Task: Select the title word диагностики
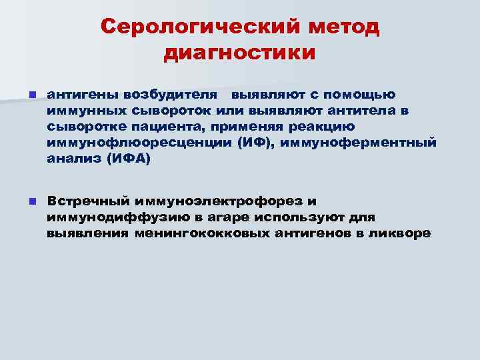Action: [x=240, y=53]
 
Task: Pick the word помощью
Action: [x=363, y=95]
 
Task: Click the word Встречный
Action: [x=87, y=201]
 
